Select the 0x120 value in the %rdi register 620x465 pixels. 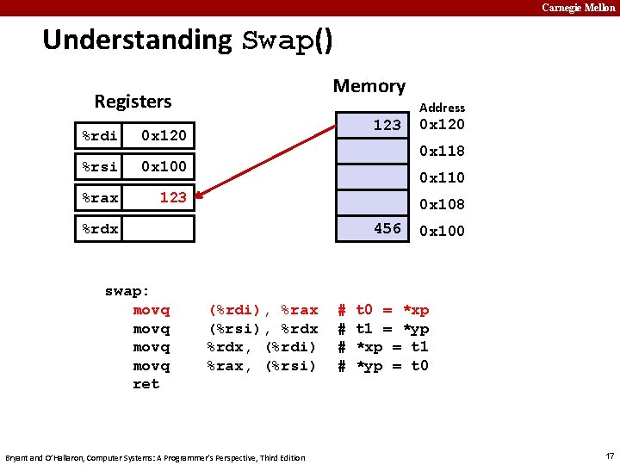[x=164, y=135]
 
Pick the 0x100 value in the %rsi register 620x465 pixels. [x=164, y=165]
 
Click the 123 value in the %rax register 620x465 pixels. [x=172, y=197]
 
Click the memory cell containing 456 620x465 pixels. [x=371, y=229]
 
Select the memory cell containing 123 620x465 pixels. [x=371, y=126]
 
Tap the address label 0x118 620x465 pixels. [x=442, y=151]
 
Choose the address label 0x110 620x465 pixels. [x=442, y=177]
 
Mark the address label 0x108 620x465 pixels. [x=442, y=204]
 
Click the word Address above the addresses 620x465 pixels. [x=442, y=108]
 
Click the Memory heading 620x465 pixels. [x=369, y=86]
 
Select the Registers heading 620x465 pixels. [x=133, y=102]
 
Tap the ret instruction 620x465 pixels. [x=146, y=384]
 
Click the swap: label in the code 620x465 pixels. [x=127, y=291]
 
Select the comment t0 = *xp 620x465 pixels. [x=392, y=310]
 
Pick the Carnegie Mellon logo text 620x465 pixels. [x=579, y=8]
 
